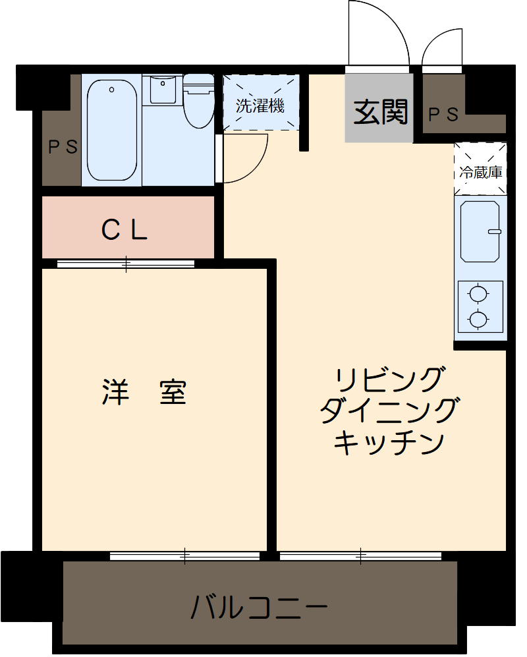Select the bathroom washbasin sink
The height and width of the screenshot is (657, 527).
click(x=162, y=89)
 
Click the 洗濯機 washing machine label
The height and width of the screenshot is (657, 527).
click(x=260, y=105)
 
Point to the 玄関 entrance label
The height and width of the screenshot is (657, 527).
click(x=381, y=113)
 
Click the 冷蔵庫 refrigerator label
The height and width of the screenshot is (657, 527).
click(x=480, y=173)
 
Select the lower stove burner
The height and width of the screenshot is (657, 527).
click(x=479, y=320)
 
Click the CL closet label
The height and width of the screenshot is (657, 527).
click(x=125, y=229)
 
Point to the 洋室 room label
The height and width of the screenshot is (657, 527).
click(x=144, y=393)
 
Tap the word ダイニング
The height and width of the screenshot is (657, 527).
click(x=388, y=412)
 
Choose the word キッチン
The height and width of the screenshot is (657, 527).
click(x=388, y=442)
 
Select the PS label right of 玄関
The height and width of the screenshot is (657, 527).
click(x=443, y=115)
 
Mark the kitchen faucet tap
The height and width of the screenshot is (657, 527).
click(x=494, y=231)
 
